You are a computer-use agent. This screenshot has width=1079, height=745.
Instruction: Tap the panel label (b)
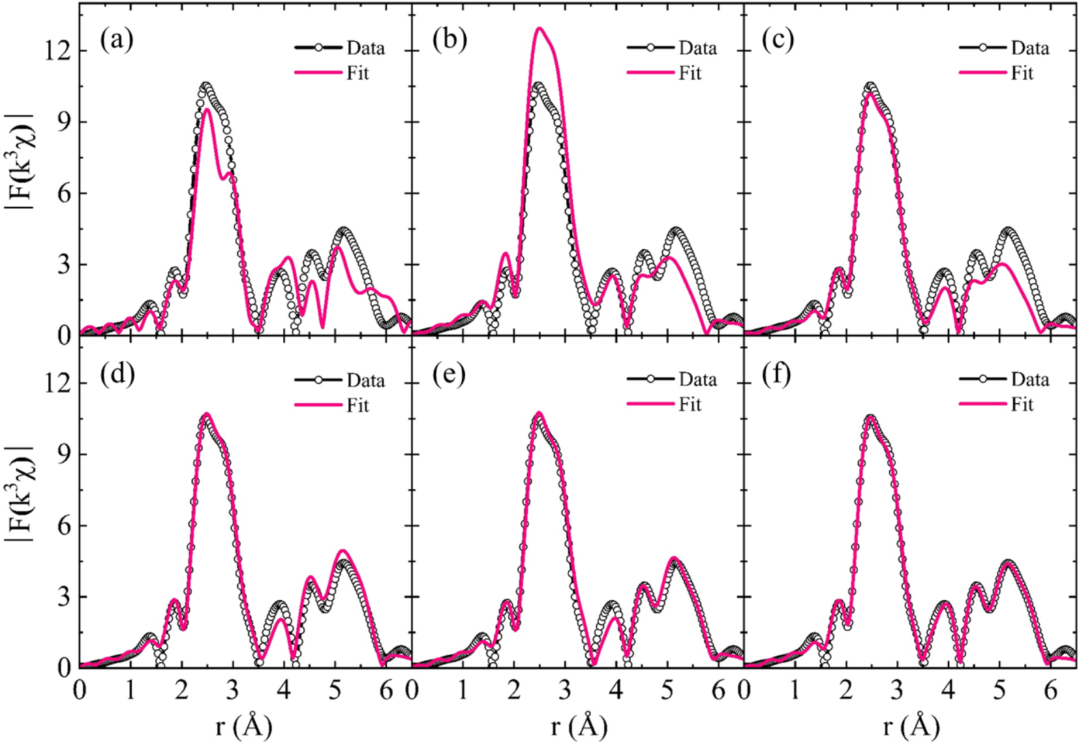coord(449,40)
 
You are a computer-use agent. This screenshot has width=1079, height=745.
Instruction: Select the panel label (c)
coord(778,40)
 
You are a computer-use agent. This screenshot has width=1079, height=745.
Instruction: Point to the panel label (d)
coord(117,374)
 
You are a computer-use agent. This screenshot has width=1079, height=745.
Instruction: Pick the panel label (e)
coord(449,374)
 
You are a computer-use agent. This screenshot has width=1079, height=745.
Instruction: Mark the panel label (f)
coord(776,374)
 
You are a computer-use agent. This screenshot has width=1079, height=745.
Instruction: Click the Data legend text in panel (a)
coord(365,48)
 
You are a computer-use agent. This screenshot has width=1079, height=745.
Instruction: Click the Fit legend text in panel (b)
coord(690,73)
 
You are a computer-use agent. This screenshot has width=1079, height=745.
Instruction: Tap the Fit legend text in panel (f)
coord(1022,405)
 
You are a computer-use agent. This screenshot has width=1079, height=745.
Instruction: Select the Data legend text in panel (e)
coord(697,380)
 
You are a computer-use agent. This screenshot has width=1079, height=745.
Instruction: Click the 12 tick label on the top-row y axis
coord(57,51)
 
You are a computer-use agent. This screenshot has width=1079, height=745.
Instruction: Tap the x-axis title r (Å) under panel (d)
coord(243,725)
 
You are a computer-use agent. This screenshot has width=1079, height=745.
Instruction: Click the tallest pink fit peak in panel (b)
coord(539,29)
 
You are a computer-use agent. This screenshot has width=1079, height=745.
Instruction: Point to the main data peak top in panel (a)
coord(206,86)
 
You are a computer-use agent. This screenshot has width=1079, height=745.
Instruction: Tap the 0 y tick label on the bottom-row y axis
coord(64,668)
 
